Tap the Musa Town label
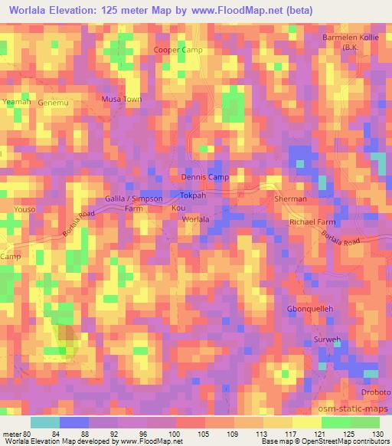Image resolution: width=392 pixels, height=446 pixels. [x=122, y=100]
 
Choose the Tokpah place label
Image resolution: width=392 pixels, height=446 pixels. [x=194, y=196]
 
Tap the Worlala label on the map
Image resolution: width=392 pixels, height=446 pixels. [x=195, y=219]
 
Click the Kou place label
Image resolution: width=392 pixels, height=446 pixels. [x=178, y=208]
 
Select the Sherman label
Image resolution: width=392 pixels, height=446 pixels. [x=290, y=199]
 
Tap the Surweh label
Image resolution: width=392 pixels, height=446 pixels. [x=328, y=339]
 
